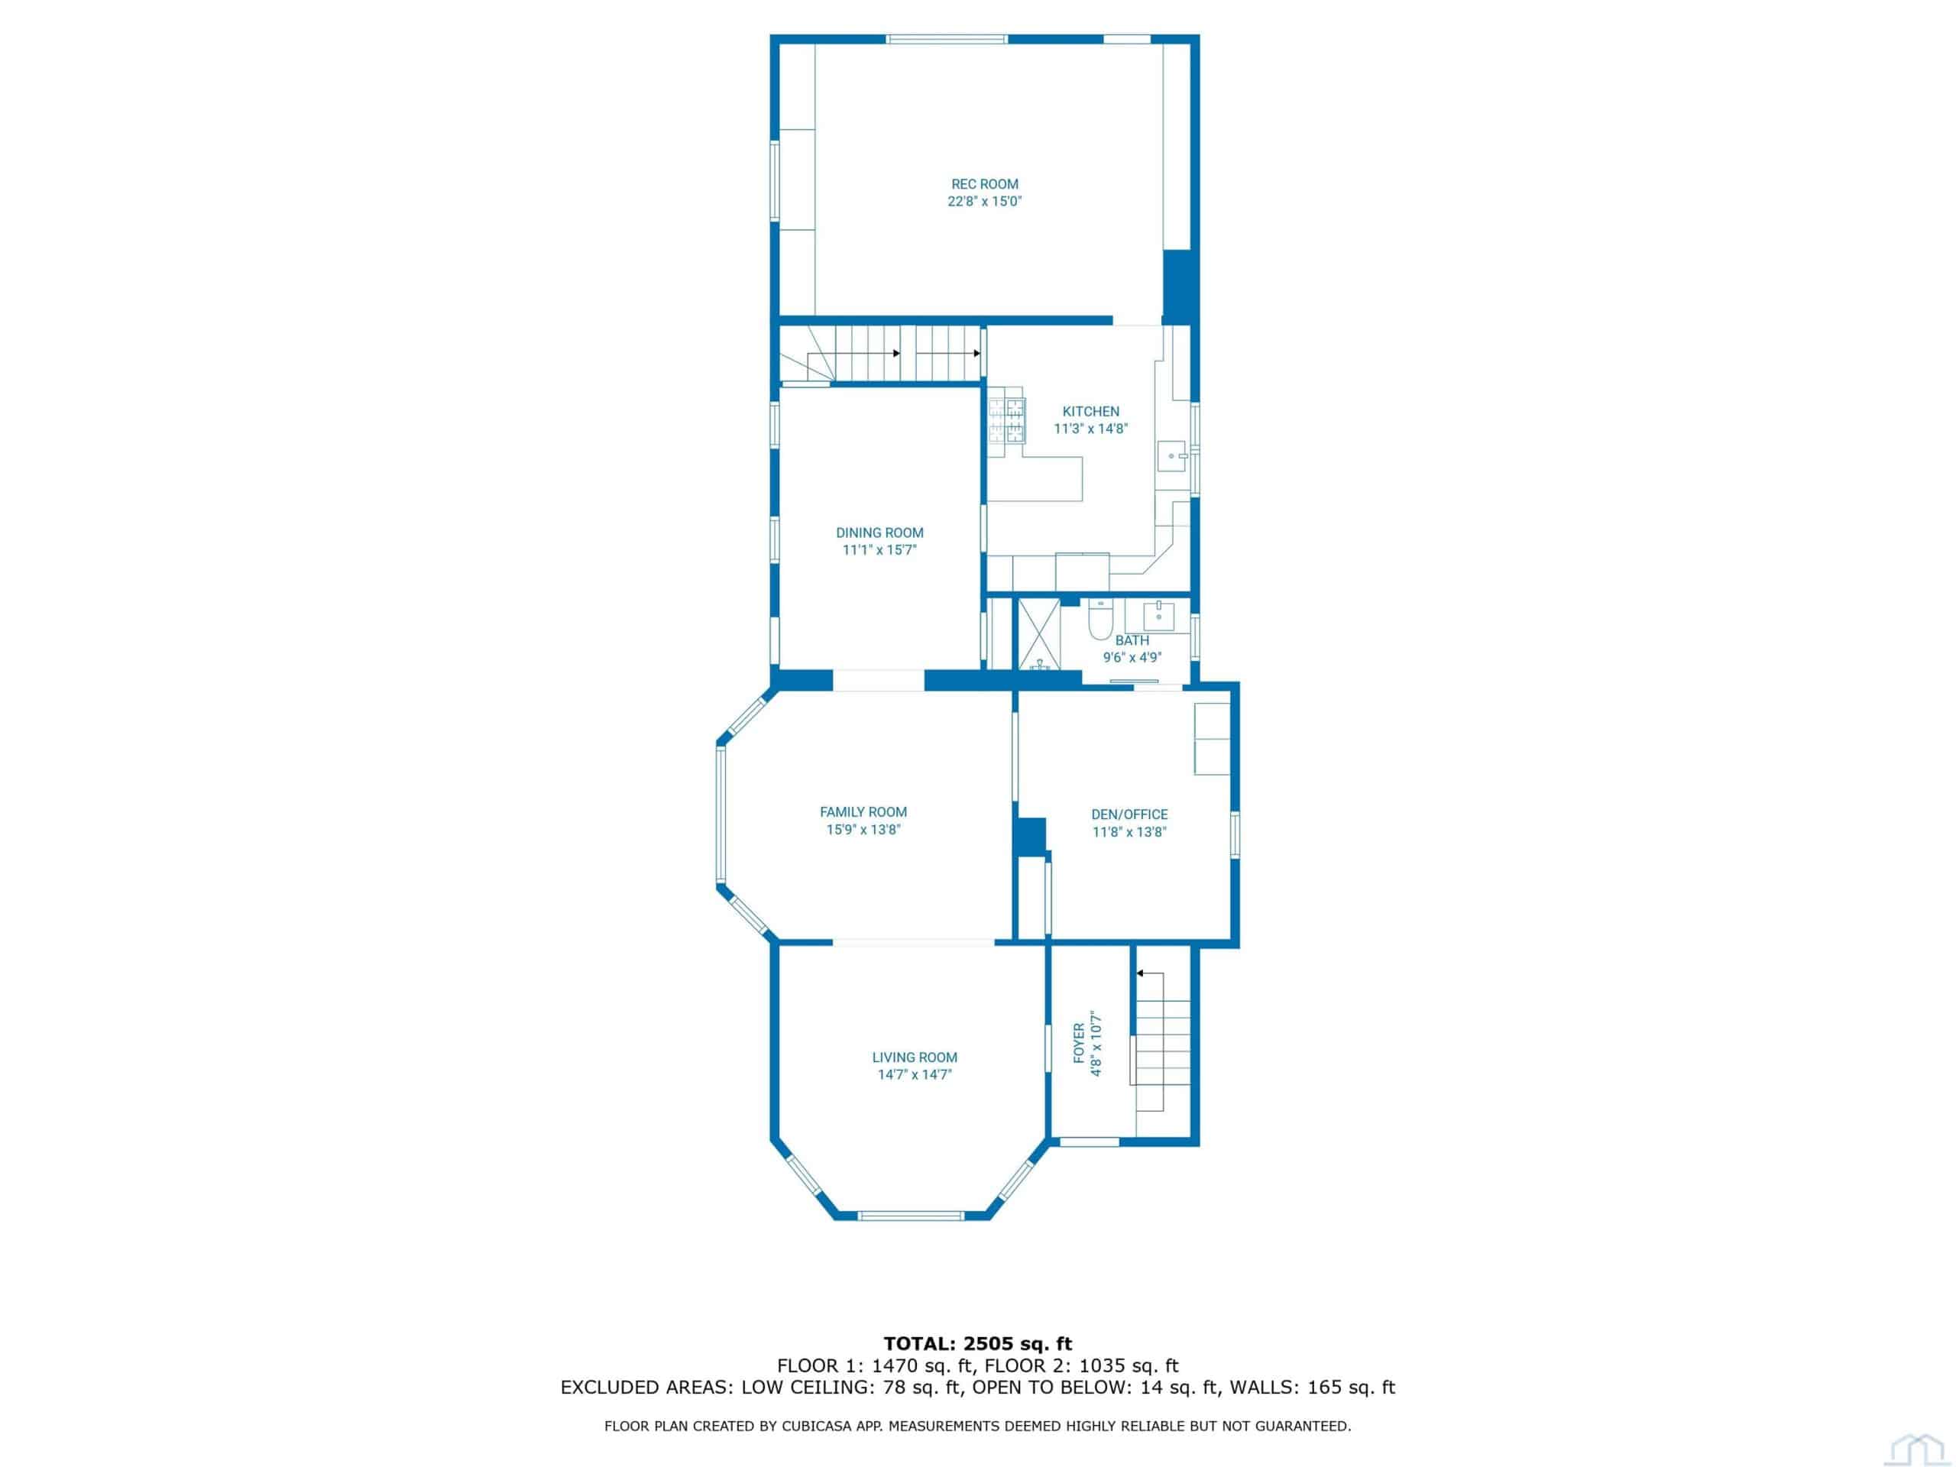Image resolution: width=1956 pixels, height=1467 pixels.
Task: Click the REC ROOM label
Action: pyautogui.click(x=984, y=184)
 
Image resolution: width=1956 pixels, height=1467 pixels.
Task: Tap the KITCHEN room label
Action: pyautogui.click(x=1090, y=411)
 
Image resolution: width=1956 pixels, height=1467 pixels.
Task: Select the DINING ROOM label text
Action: pyautogui.click(x=880, y=533)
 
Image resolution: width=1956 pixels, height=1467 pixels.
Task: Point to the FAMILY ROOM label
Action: pyautogui.click(x=863, y=811)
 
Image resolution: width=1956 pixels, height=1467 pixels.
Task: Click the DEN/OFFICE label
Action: pyautogui.click(x=1129, y=814)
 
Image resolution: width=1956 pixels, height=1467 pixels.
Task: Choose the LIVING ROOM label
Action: pyautogui.click(x=915, y=1057)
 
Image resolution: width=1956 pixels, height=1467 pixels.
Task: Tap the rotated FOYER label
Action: pyautogui.click(x=1078, y=1044)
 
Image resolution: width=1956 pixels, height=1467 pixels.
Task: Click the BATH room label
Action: pyautogui.click(x=1132, y=640)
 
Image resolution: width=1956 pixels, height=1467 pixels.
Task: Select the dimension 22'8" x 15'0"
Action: pyautogui.click(x=984, y=202)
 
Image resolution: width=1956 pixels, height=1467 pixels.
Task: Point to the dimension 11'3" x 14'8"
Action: pyautogui.click(x=1090, y=429)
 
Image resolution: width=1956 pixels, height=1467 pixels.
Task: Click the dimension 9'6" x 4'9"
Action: pyautogui.click(x=1132, y=657)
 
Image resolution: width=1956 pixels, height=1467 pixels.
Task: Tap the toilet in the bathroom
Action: pyautogui.click(x=1100, y=619)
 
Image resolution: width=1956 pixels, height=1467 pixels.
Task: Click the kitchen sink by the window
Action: pyautogui.click(x=1174, y=456)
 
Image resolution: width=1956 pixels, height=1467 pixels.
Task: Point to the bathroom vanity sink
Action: pyautogui.click(x=1158, y=617)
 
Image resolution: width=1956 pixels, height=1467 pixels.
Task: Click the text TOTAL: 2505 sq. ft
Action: pyautogui.click(x=978, y=1344)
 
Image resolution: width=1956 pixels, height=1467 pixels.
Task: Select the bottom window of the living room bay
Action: pyautogui.click(x=911, y=1215)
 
